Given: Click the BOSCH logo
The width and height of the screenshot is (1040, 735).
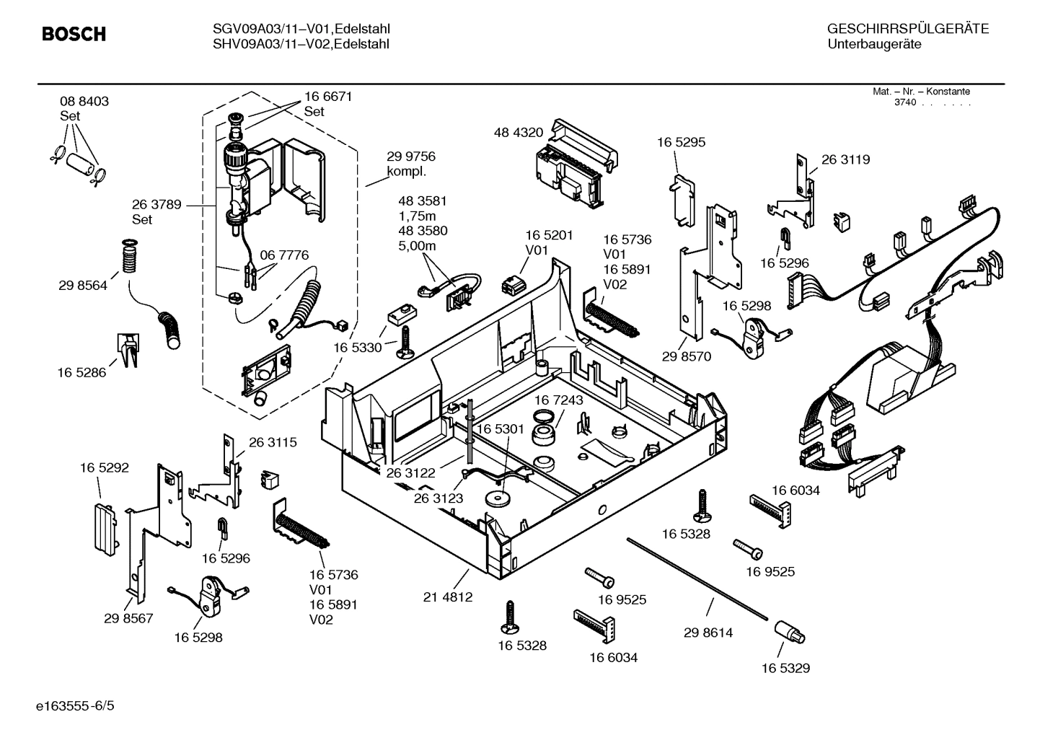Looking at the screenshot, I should (x=74, y=34).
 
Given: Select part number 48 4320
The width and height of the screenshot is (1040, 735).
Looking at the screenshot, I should (x=518, y=133).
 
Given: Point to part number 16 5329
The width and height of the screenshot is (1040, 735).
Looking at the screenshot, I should (x=785, y=668).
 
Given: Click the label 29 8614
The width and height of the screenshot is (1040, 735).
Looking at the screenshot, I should (x=708, y=633).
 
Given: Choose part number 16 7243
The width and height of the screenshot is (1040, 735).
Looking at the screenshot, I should (x=558, y=400).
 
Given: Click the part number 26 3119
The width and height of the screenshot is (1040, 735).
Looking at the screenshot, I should (x=845, y=159).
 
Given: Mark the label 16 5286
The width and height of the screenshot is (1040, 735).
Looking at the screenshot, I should (x=81, y=372).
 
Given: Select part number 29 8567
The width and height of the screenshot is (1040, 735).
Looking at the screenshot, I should (x=128, y=618).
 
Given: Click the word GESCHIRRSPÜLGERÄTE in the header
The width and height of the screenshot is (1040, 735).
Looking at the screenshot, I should (x=907, y=29).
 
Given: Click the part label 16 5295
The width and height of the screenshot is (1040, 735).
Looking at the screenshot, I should (x=681, y=142).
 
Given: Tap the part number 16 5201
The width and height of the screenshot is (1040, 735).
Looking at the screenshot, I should (x=548, y=235).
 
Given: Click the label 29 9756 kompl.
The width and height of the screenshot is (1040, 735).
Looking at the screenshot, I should (x=410, y=164).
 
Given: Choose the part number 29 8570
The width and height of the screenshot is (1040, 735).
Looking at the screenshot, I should (x=687, y=356).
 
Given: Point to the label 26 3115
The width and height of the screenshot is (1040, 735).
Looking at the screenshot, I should (x=273, y=442).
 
